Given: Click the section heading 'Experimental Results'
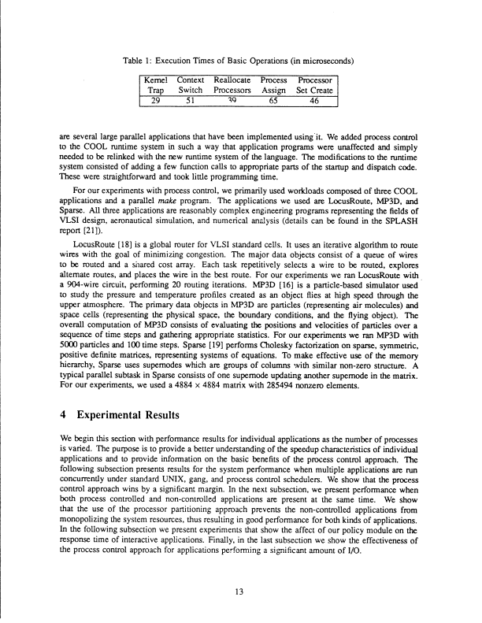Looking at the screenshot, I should pyautogui.click(x=142, y=412).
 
